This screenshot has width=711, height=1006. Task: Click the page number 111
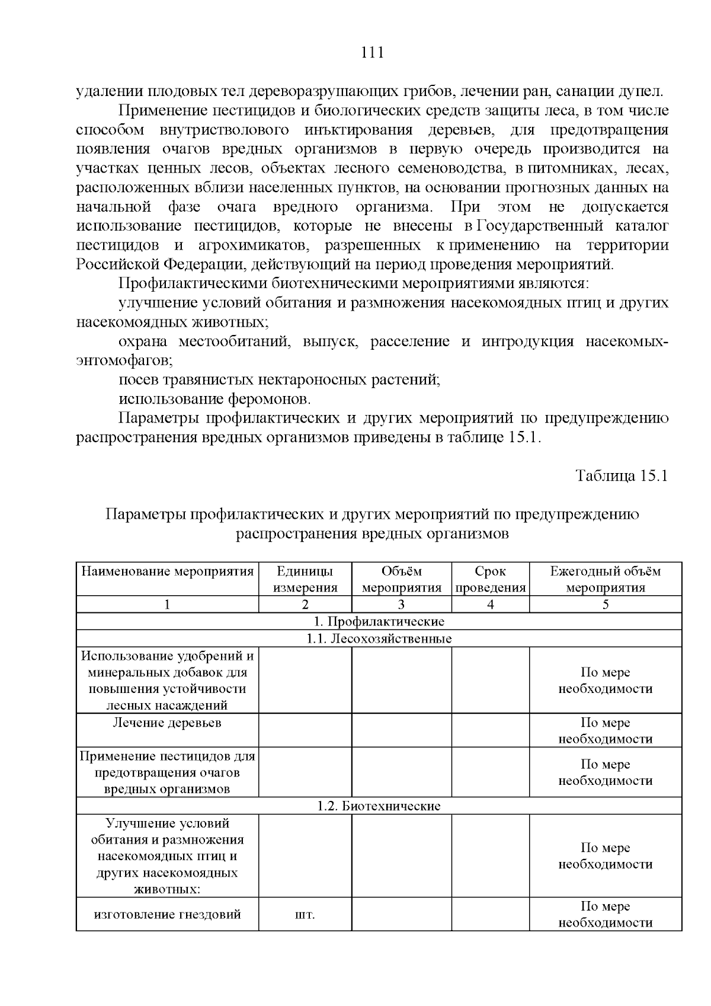coord(373,53)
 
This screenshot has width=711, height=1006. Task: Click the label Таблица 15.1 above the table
coord(622,477)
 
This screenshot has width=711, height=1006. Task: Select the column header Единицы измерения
coord(305,579)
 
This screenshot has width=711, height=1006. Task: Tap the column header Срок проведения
coord(490,579)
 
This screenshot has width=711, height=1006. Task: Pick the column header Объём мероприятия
coord(401,579)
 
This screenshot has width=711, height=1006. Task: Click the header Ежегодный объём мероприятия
coord(605,579)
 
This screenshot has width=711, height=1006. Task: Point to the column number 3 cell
coord(401,604)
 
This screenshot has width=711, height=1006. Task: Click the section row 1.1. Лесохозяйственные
coord(379,638)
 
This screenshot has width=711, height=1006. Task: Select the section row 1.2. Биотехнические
coord(379,806)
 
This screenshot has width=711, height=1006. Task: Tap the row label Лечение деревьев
coord(167,723)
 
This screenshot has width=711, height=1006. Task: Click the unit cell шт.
coord(305,915)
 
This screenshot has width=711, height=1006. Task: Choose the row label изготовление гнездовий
coord(167,914)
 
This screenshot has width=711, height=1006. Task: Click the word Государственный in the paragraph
coord(539,226)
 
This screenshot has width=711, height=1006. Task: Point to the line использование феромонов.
coord(214,398)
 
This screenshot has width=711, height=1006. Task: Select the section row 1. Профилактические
coord(379,621)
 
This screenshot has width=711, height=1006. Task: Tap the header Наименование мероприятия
coord(167,571)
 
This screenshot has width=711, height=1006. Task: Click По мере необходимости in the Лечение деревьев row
coord(605,730)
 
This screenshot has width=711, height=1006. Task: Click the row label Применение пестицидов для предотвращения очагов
coord(167,772)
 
